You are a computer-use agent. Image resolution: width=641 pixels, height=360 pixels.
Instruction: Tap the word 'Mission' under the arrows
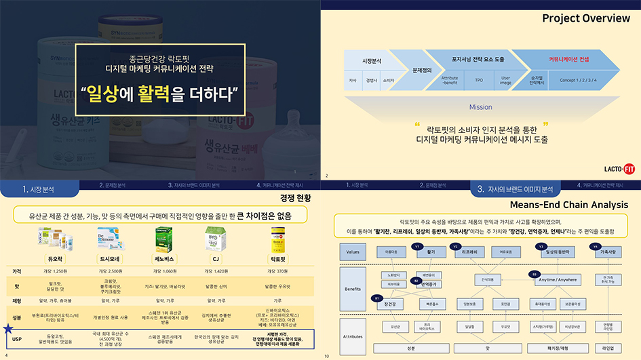point(481,107)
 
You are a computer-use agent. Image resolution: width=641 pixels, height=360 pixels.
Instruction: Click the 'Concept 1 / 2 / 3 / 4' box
point(578,79)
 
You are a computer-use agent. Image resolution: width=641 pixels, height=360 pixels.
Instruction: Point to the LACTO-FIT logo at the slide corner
point(619,169)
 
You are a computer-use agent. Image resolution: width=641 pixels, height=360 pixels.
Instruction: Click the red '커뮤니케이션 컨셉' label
point(568,59)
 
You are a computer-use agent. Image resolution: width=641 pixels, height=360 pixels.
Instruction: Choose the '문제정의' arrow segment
point(422,70)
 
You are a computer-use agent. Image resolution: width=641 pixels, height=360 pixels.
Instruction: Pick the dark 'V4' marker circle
point(595,246)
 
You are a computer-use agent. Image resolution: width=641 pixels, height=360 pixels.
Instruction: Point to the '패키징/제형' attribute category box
point(558,348)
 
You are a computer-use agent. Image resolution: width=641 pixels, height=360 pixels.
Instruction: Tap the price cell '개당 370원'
point(277,271)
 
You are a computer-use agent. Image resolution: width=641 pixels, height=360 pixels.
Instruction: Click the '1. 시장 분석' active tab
point(39,189)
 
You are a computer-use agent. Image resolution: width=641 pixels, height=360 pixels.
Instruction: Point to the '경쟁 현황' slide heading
point(294,198)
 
